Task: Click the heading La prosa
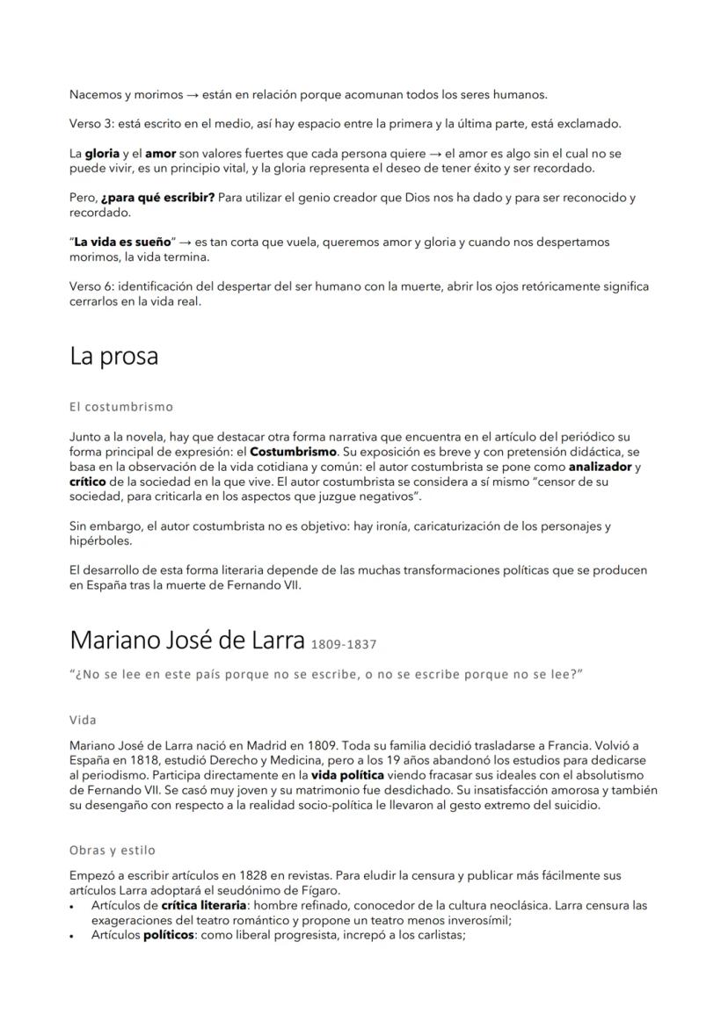113,357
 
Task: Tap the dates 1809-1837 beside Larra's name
344,644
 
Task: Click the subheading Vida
83,721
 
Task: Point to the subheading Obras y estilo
112,851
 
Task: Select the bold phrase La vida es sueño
123,242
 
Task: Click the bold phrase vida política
347,775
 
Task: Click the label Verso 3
91,123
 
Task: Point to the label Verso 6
91,286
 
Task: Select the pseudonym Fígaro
315,891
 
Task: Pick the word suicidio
573,804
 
